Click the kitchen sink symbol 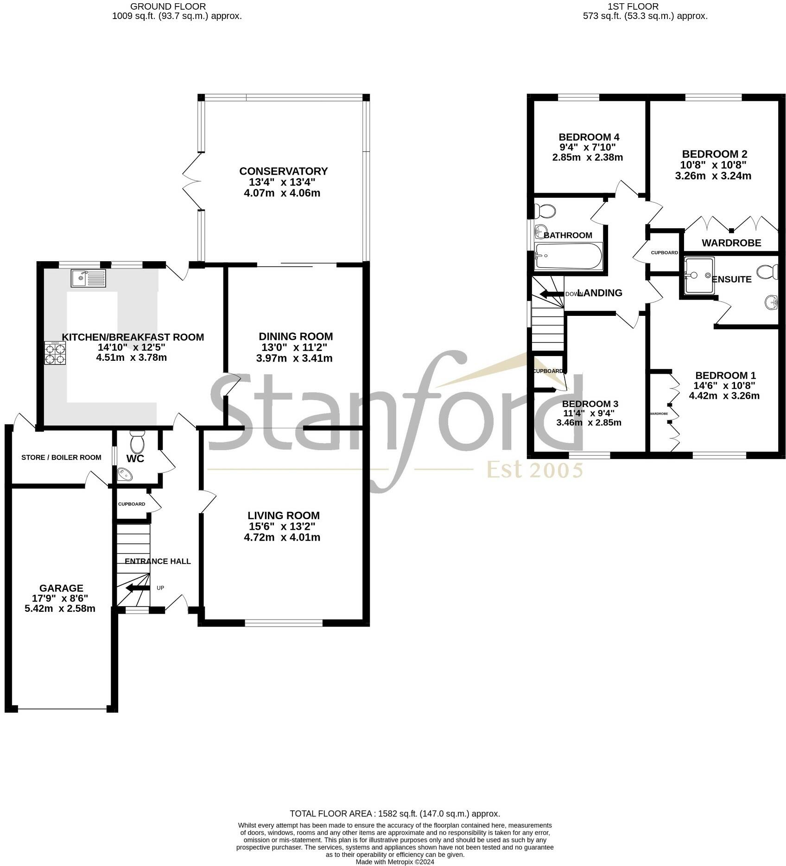(88, 278)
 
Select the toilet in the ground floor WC (138, 442)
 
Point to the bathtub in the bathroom (568, 256)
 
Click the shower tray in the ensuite (699, 276)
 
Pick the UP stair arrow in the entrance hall (138, 588)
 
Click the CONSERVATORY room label (283, 171)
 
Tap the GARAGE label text (61, 588)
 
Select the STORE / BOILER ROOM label (61, 458)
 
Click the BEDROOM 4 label (589, 137)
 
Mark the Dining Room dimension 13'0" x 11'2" (295, 347)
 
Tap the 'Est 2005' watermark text (534, 470)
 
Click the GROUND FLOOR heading (168, 6)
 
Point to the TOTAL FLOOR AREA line (394, 814)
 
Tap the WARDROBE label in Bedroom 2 (731, 243)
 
